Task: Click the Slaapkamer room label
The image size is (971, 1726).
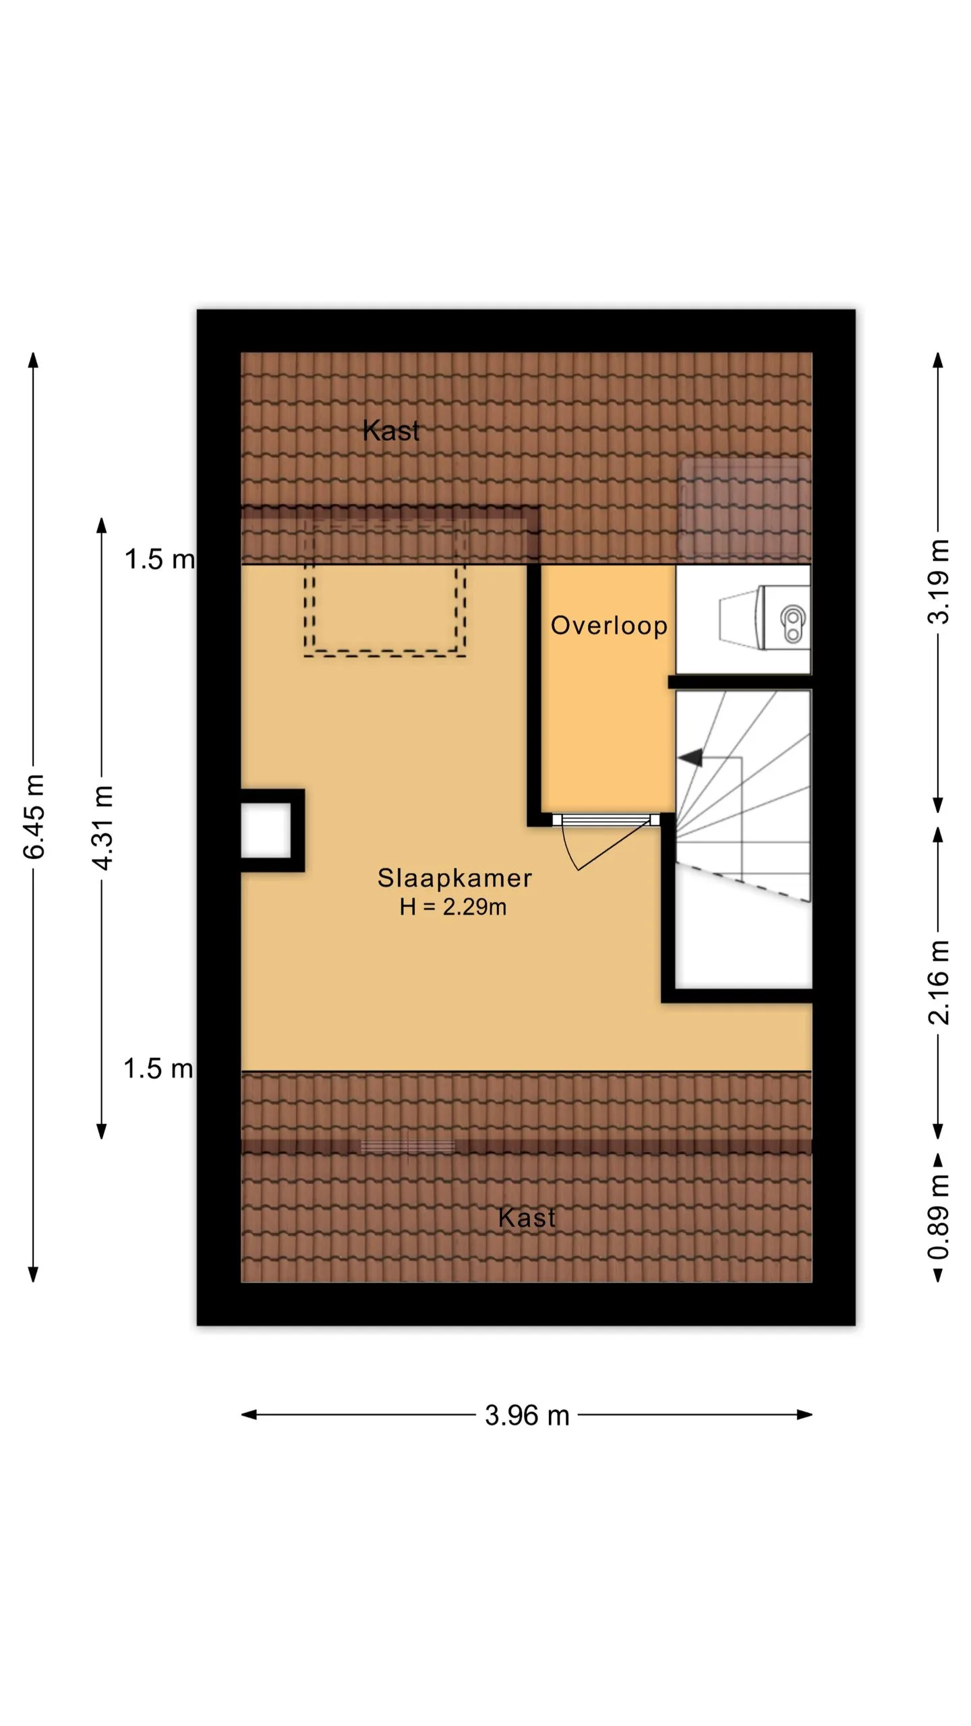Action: pos(454,878)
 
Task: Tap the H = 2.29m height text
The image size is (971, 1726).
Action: pos(453,907)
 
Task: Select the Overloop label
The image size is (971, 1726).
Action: pos(609,625)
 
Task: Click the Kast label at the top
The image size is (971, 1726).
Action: pos(391,430)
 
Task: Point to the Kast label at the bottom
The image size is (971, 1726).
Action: pos(527,1218)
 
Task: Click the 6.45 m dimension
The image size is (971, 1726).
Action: pos(34,816)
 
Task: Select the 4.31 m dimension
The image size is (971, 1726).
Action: pos(102,827)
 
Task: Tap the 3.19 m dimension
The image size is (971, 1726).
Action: pos(939,582)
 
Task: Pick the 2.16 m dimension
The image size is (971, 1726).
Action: pos(939,982)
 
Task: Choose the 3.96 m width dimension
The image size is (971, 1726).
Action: pos(527,1415)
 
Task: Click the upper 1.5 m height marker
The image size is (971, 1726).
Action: pos(160,559)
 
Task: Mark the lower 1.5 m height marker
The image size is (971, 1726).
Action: pos(158,1069)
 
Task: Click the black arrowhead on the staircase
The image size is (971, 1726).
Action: pos(690,758)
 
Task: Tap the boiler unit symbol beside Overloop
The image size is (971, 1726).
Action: pos(765,618)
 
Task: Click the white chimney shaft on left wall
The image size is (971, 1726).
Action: pos(266,831)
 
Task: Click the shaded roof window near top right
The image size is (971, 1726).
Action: pos(744,509)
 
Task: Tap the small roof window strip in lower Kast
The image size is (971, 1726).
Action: pos(408,1146)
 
